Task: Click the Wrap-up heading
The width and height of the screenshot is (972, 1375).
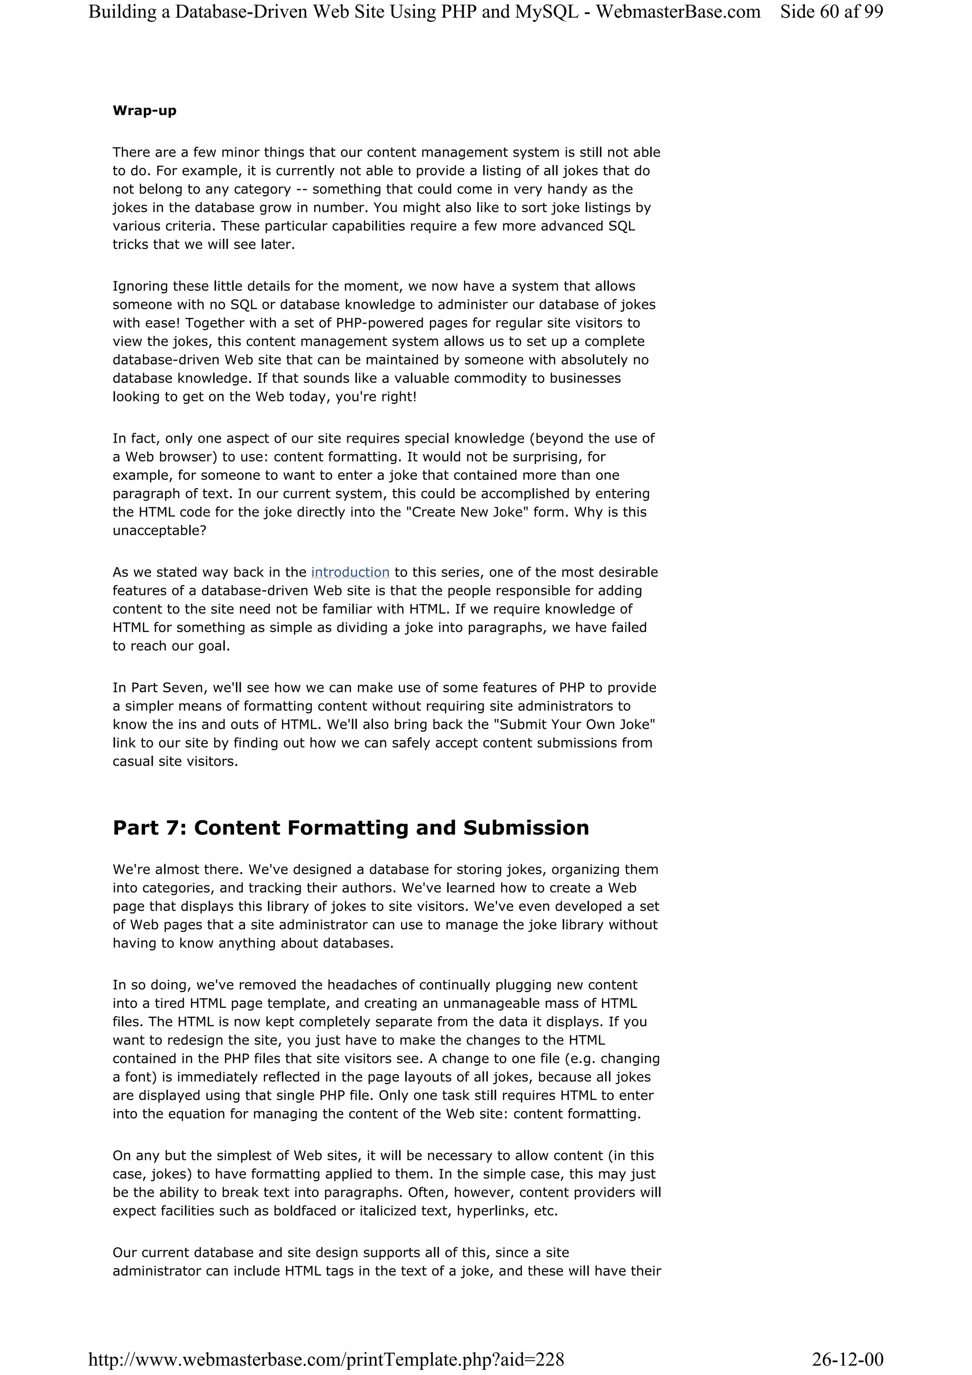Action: coord(144,111)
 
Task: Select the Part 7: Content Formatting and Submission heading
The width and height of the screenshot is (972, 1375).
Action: coord(350,827)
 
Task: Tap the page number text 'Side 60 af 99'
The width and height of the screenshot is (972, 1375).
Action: coord(831,12)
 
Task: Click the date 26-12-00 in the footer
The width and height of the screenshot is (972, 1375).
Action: coord(848,1359)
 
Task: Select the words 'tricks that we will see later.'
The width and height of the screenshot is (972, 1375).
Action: coord(204,244)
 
